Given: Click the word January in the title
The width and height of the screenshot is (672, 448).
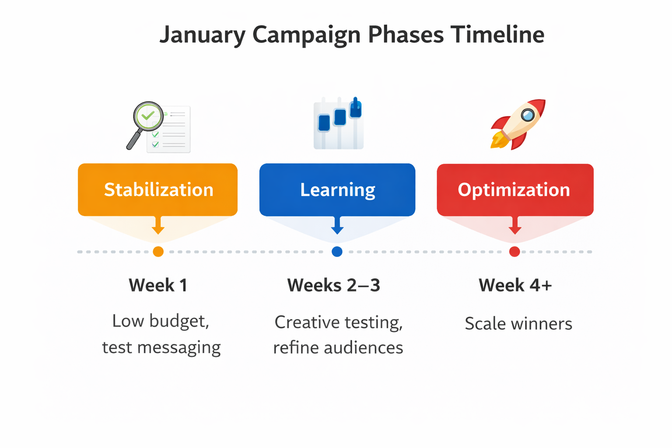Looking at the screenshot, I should [x=202, y=35].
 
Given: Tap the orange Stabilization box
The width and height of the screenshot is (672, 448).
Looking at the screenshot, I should [x=158, y=189].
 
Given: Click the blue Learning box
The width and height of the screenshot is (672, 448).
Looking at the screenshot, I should [x=337, y=189].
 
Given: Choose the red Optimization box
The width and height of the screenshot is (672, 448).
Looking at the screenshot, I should [x=515, y=189].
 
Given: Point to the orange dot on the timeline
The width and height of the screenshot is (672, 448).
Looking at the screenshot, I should [x=158, y=252].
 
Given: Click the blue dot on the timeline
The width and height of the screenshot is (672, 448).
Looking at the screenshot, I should [x=337, y=252].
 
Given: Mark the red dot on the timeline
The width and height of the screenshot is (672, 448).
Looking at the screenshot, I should [x=514, y=252].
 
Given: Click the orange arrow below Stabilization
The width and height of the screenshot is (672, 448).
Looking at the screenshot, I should [x=158, y=226].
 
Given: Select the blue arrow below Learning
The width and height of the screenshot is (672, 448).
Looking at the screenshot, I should [x=337, y=226].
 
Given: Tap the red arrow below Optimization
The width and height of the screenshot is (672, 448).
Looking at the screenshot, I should [x=515, y=226].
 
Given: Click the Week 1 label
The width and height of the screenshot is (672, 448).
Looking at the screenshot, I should [x=158, y=285].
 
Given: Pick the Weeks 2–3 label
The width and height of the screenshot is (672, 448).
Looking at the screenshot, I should [x=333, y=285].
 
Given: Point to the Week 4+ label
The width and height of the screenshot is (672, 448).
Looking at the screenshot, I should [x=515, y=285].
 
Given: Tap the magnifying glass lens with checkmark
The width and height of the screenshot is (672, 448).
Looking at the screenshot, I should [x=148, y=116].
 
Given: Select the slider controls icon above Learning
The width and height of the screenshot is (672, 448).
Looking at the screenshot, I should [x=339, y=124].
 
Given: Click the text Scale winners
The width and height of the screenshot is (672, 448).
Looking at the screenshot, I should [x=518, y=324].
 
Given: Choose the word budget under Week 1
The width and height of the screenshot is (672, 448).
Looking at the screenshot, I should [x=179, y=322].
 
